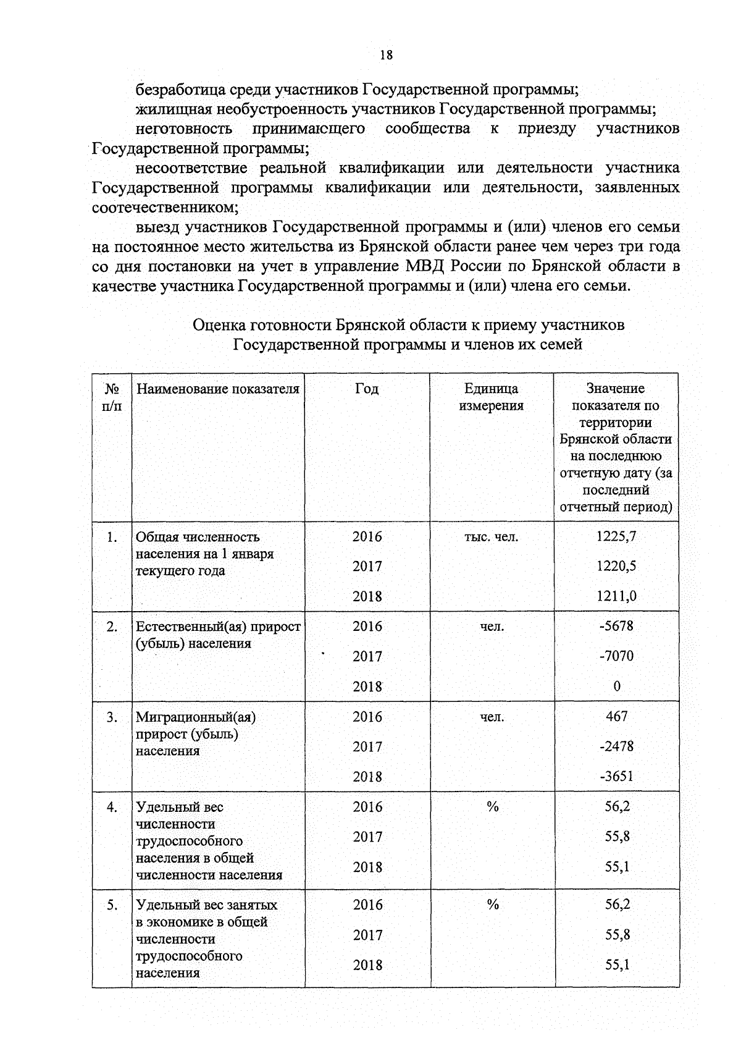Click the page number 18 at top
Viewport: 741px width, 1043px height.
386,55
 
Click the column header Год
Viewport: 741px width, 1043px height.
367,389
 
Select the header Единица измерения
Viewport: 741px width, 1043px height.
492,397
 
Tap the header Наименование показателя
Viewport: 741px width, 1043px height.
217,389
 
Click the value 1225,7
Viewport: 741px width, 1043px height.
616,536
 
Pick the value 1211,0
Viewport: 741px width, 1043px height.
616,596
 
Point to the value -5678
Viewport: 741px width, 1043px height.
616,626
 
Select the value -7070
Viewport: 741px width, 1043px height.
616,656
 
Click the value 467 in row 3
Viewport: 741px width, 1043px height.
616,716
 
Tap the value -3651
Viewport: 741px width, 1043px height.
616,777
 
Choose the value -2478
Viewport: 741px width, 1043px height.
616,746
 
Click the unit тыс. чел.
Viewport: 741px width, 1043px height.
491,537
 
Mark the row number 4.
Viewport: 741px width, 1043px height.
111,807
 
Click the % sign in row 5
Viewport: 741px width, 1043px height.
492,905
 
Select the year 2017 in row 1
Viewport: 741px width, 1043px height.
367,567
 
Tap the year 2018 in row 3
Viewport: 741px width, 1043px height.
367,777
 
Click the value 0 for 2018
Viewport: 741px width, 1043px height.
617,686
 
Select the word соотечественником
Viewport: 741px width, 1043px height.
164,207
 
